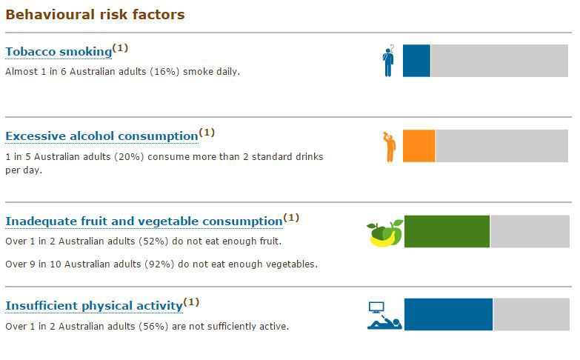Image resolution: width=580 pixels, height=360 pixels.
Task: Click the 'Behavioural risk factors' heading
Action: point(95,15)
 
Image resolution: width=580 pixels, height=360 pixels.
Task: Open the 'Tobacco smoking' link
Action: point(59,52)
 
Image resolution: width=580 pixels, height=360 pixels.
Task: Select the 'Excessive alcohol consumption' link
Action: point(101,136)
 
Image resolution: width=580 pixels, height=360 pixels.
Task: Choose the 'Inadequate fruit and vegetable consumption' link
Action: point(144,221)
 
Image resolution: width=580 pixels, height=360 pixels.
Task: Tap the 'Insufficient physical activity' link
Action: point(94,306)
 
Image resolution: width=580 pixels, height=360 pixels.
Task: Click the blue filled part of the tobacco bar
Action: point(416,61)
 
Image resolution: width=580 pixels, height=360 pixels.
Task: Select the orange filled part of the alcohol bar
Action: point(419,146)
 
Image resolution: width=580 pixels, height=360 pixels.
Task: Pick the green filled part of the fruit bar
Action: point(447,231)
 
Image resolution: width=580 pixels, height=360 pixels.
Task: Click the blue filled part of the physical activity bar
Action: point(448,315)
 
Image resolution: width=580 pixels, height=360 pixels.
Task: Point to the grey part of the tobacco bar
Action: point(499,61)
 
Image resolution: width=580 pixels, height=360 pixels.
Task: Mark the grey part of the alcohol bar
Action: point(501,146)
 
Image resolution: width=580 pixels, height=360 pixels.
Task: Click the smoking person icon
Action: point(388,61)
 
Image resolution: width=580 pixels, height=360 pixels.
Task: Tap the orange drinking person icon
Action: point(389,147)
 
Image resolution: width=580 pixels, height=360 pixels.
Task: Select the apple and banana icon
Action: point(385,233)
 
